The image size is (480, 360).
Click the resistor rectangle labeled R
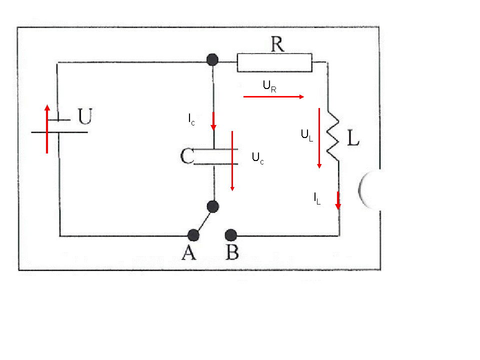274,63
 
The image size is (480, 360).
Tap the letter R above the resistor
277,44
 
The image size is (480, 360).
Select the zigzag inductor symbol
333,136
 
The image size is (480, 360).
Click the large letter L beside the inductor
353,137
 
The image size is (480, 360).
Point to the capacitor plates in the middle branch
215,156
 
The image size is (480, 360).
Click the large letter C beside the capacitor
187,156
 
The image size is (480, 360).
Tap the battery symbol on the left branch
59,126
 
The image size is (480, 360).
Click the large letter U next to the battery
85,116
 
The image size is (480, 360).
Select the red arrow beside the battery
47,129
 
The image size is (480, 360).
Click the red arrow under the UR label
273,96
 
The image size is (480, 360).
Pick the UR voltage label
269,86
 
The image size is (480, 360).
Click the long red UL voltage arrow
319,138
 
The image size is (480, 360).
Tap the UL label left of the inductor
306,135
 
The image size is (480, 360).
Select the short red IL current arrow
338,201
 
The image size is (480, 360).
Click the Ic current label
191,119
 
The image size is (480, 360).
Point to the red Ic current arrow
213,121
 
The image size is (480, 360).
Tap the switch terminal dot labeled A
193,235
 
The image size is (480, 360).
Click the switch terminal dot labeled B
231,235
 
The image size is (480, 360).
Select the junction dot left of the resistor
212,59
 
